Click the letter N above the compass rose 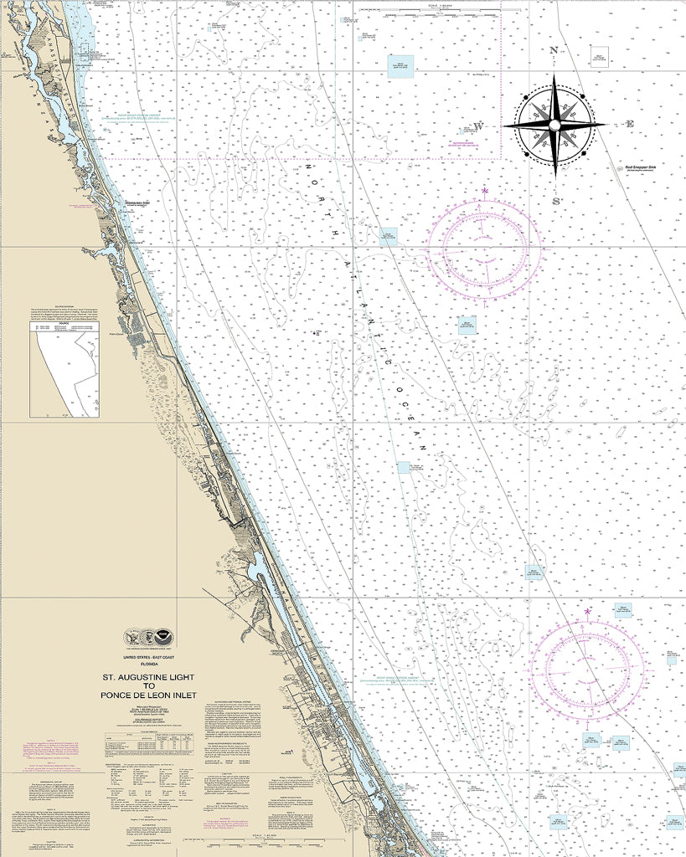[x=554, y=50]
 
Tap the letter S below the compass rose [x=554, y=201]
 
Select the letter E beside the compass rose [x=631, y=125]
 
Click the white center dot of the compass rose [x=554, y=125]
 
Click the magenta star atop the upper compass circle [x=484, y=192]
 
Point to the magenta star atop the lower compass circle [x=587, y=612]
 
